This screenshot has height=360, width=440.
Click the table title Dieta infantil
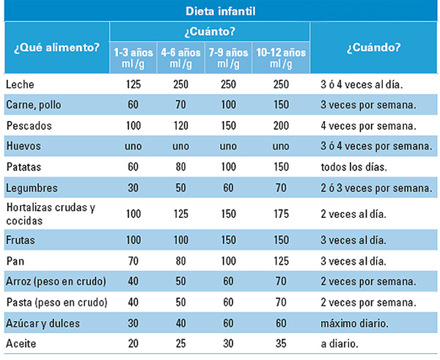tap(221, 11)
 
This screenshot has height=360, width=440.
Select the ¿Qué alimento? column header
tap(56, 48)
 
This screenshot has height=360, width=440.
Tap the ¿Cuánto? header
tap(210, 32)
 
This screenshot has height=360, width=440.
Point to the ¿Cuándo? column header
tap(373, 48)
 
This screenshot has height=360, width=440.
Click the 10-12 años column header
tap(281, 58)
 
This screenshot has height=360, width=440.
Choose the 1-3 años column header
tap(133, 58)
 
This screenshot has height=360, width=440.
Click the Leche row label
tap(20, 84)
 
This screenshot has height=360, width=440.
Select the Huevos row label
tap(23, 146)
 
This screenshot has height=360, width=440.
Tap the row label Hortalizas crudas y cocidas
tap(51, 214)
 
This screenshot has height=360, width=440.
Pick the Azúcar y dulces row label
tap(43, 323)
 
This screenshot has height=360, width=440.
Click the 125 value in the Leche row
tap(133, 84)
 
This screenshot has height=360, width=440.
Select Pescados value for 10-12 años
tap(281, 125)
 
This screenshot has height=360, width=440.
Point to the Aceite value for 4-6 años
tap(180, 343)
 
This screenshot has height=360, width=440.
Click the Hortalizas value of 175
tap(281, 214)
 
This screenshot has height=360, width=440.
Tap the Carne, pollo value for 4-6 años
tap(180, 105)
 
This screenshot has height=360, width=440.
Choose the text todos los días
tap(354, 167)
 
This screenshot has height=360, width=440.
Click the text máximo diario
tap(355, 323)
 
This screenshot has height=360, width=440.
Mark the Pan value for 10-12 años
tap(281, 261)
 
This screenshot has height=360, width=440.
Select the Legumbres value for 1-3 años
tap(133, 188)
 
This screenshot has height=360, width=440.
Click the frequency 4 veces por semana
tap(368, 125)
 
